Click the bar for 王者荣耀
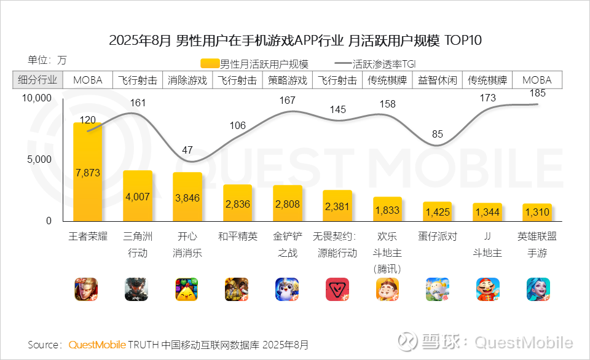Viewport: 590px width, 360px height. (87, 172)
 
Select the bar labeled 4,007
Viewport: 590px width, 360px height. (138, 196)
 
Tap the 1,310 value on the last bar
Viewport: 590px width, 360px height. (537, 213)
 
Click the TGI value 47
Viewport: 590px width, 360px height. (187, 150)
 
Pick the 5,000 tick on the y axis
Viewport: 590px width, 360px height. (39, 160)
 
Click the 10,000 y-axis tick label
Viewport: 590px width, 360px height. (36, 98)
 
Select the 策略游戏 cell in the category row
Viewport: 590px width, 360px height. (288, 80)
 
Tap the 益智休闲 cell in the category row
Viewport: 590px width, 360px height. (438, 80)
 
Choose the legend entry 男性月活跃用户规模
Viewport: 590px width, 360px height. (254, 64)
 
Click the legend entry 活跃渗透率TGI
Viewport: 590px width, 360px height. (376, 64)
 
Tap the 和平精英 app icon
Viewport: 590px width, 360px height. (237, 289)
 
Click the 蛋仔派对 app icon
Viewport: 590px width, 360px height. (438, 289)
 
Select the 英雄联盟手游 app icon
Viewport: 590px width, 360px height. (538, 289)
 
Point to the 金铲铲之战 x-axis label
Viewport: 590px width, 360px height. (288, 245)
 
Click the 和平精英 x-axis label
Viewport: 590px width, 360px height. (237, 237)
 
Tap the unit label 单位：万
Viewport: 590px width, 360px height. (47, 60)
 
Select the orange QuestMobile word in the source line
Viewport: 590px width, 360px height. (97, 345)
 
